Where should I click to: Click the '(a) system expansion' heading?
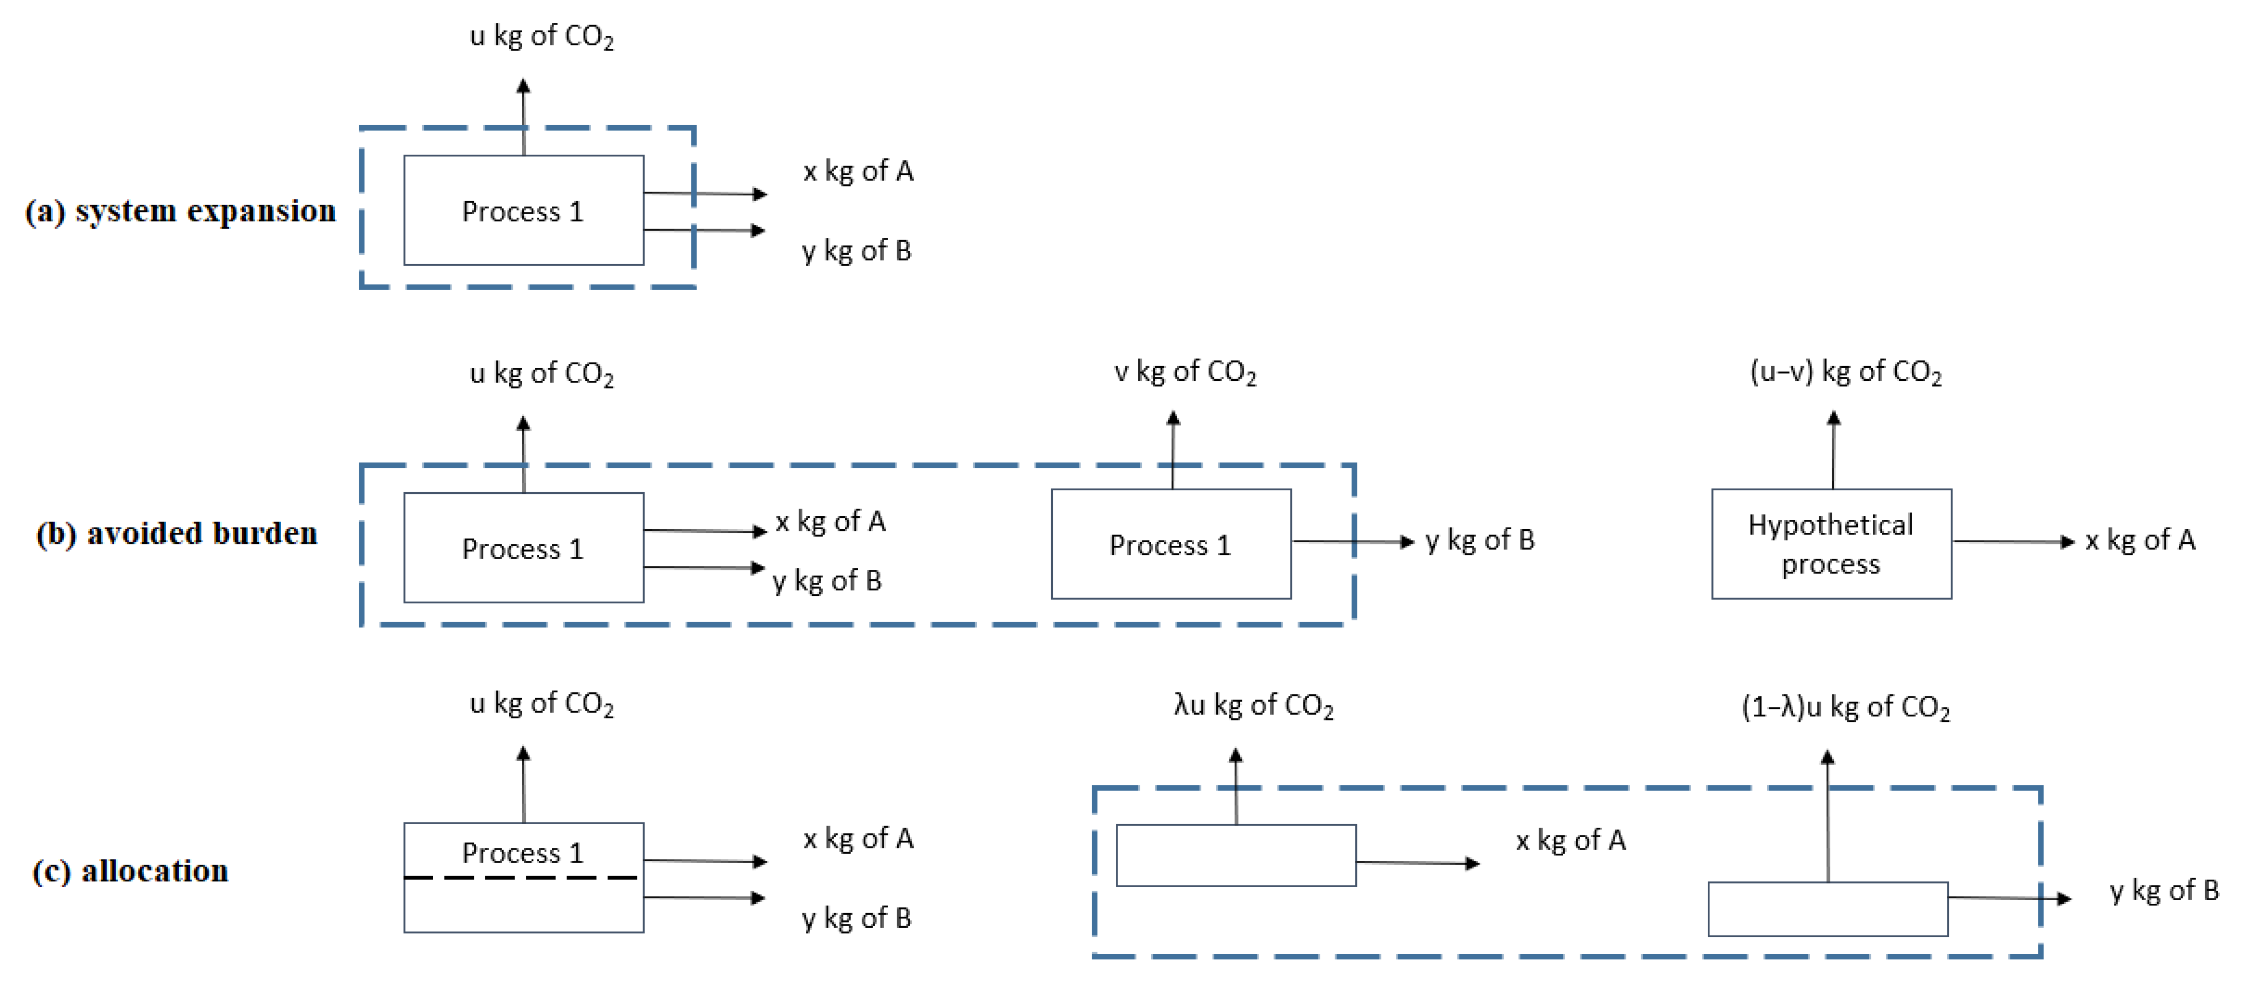[180, 211]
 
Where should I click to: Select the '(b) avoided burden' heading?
[177, 533]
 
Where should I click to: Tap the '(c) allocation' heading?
[130, 871]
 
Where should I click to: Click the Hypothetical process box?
[1831, 544]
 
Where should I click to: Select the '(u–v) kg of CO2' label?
[1845, 372]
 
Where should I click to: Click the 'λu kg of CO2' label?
[1253, 705]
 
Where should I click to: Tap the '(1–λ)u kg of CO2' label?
[1845, 707]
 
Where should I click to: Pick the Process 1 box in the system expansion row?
[523, 210]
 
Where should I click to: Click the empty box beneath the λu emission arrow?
[1236, 855]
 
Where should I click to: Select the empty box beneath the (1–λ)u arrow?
[1827, 908]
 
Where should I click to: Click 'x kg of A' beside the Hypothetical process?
[2139, 540]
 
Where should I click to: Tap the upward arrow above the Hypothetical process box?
[1833, 450]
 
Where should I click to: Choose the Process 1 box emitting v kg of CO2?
[1171, 544]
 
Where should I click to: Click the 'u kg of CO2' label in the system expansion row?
[542, 36]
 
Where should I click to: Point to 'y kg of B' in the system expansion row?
[857, 251]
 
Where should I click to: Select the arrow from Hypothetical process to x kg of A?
[2012, 542]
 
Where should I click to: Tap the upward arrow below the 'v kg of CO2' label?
[1173, 450]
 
